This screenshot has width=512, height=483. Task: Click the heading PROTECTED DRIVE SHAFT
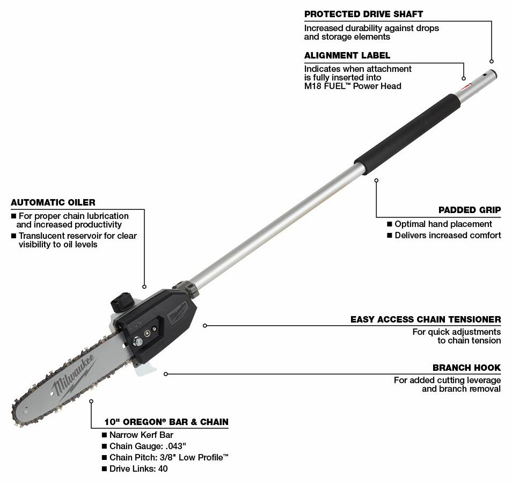363,14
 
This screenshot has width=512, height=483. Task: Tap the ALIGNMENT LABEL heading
347,55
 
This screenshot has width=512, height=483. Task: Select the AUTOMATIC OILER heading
53,202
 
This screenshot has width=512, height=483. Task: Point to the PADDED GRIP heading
470,210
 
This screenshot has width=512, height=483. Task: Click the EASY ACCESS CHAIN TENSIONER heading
426,319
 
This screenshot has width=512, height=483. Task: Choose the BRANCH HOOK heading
466,368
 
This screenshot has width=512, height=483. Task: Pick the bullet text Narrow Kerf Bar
141,435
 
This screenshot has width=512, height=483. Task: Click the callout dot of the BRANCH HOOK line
166,374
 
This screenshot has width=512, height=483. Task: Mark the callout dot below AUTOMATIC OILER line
144,287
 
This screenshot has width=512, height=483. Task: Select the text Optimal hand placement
443,224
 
